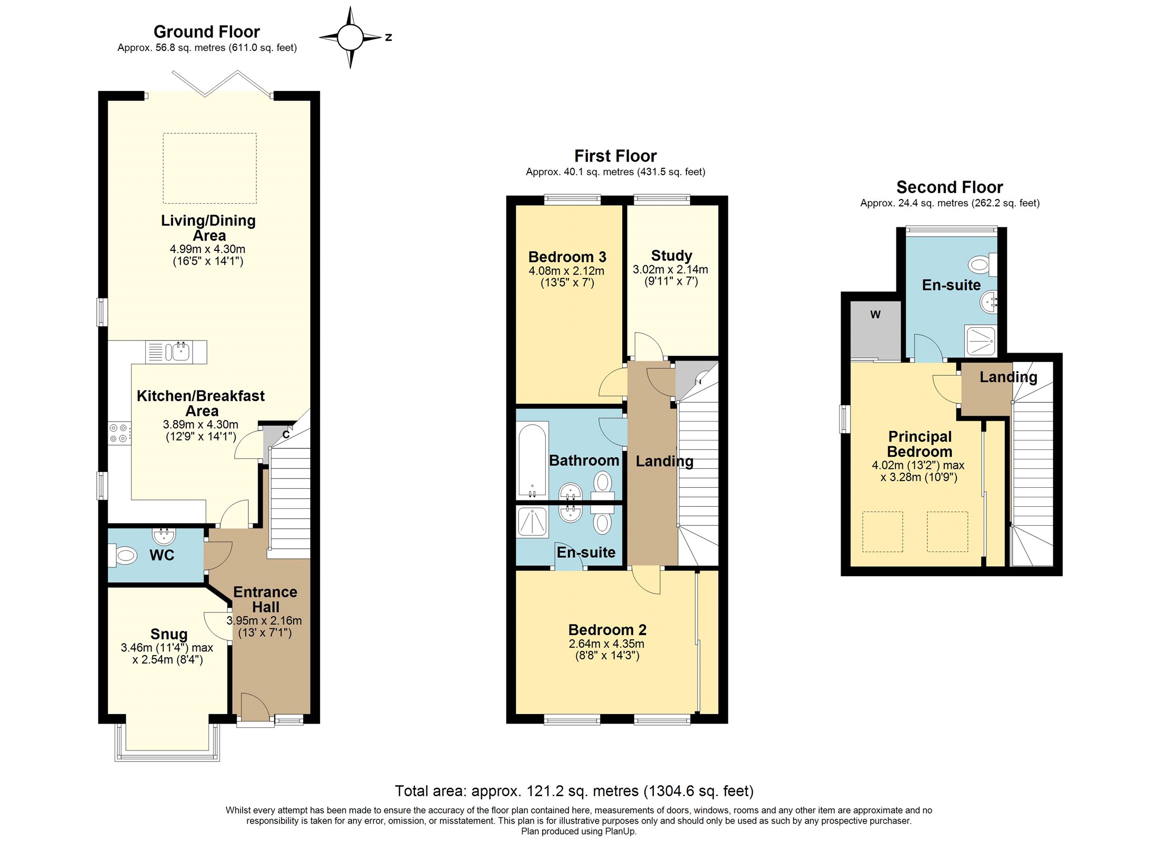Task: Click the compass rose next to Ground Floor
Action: [350, 37]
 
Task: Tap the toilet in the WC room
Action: [124, 555]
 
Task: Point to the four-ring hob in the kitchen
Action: [119, 433]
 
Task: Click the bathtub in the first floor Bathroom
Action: [532, 460]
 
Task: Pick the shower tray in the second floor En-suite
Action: [981, 340]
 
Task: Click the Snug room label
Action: [169, 634]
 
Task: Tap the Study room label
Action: [671, 256]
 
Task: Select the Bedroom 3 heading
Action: [567, 257]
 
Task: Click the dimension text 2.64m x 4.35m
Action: [606, 644]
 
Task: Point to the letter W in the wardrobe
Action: [875, 315]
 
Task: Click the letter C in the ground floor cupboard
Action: [286, 435]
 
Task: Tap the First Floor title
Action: [615, 156]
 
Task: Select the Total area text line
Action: [574, 791]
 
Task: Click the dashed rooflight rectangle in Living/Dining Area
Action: [209, 168]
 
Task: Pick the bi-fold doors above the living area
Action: [221, 84]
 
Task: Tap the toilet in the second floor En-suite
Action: [981, 265]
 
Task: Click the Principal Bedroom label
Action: [919, 444]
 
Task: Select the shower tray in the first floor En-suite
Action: [532, 522]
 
